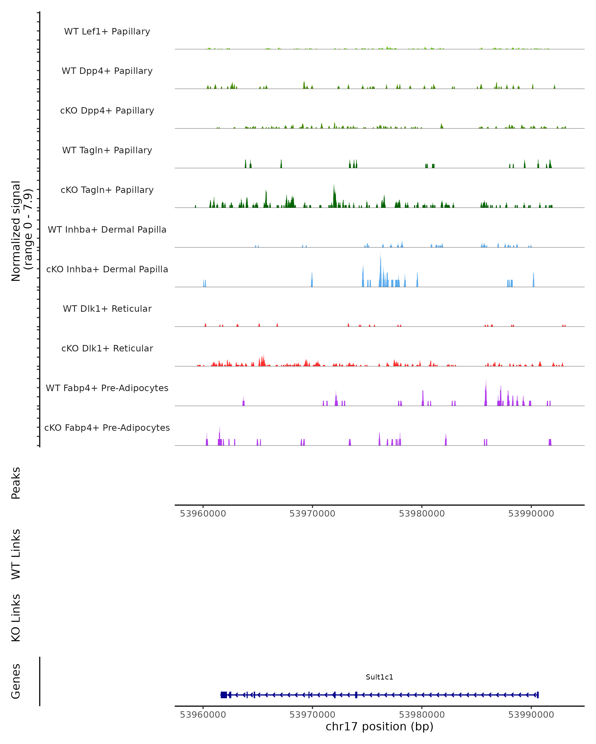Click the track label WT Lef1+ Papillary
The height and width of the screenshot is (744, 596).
tap(107, 31)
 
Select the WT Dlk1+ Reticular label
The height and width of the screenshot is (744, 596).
tap(107, 309)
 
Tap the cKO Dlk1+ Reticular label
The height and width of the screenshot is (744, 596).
tap(107, 348)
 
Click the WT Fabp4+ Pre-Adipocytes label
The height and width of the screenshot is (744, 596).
tap(107, 388)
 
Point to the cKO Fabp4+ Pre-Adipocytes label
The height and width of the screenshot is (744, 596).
tap(107, 428)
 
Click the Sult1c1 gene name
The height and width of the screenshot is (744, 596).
tap(379, 677)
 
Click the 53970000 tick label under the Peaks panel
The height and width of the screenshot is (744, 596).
tap(312, 514)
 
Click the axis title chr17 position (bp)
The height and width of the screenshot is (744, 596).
tap(379, 727)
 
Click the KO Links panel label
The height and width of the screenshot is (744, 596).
tap(16, 618)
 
